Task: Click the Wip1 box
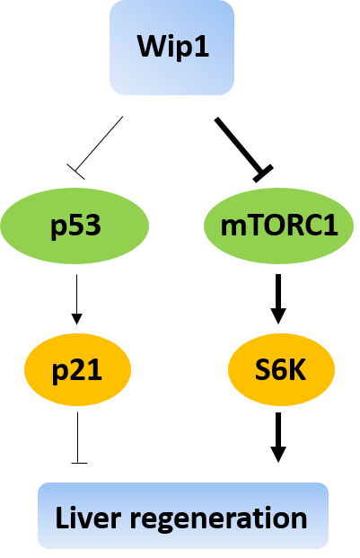(171, 48)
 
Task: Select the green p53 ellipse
(75, 226)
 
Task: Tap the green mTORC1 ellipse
(278, 226)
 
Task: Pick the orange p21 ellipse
(77, 369)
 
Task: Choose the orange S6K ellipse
(281, 369)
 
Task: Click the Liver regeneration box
(183, 516)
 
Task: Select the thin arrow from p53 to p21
(77, 299)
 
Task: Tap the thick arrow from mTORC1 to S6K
(278, 299)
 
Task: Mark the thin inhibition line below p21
(78, 438)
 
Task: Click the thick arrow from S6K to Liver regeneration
(278, 438)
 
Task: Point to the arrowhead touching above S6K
(278, 316)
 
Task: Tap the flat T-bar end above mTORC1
(263, 173)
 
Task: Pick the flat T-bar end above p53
(75, 172)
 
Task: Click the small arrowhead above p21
(77, 319)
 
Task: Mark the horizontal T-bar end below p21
(79, 463)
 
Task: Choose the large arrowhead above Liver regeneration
(278, 454)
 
